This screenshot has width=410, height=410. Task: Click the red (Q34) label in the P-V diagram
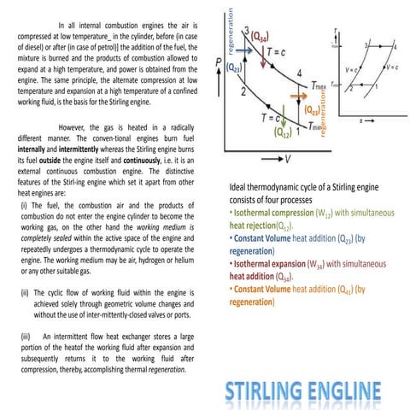(260, 37)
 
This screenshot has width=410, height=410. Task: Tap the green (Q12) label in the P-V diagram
(283, 133)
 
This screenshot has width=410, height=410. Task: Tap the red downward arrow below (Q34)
(257, 53)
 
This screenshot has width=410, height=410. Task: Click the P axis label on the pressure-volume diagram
(220, 62)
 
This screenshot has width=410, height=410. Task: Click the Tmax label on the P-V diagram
(319, 85)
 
